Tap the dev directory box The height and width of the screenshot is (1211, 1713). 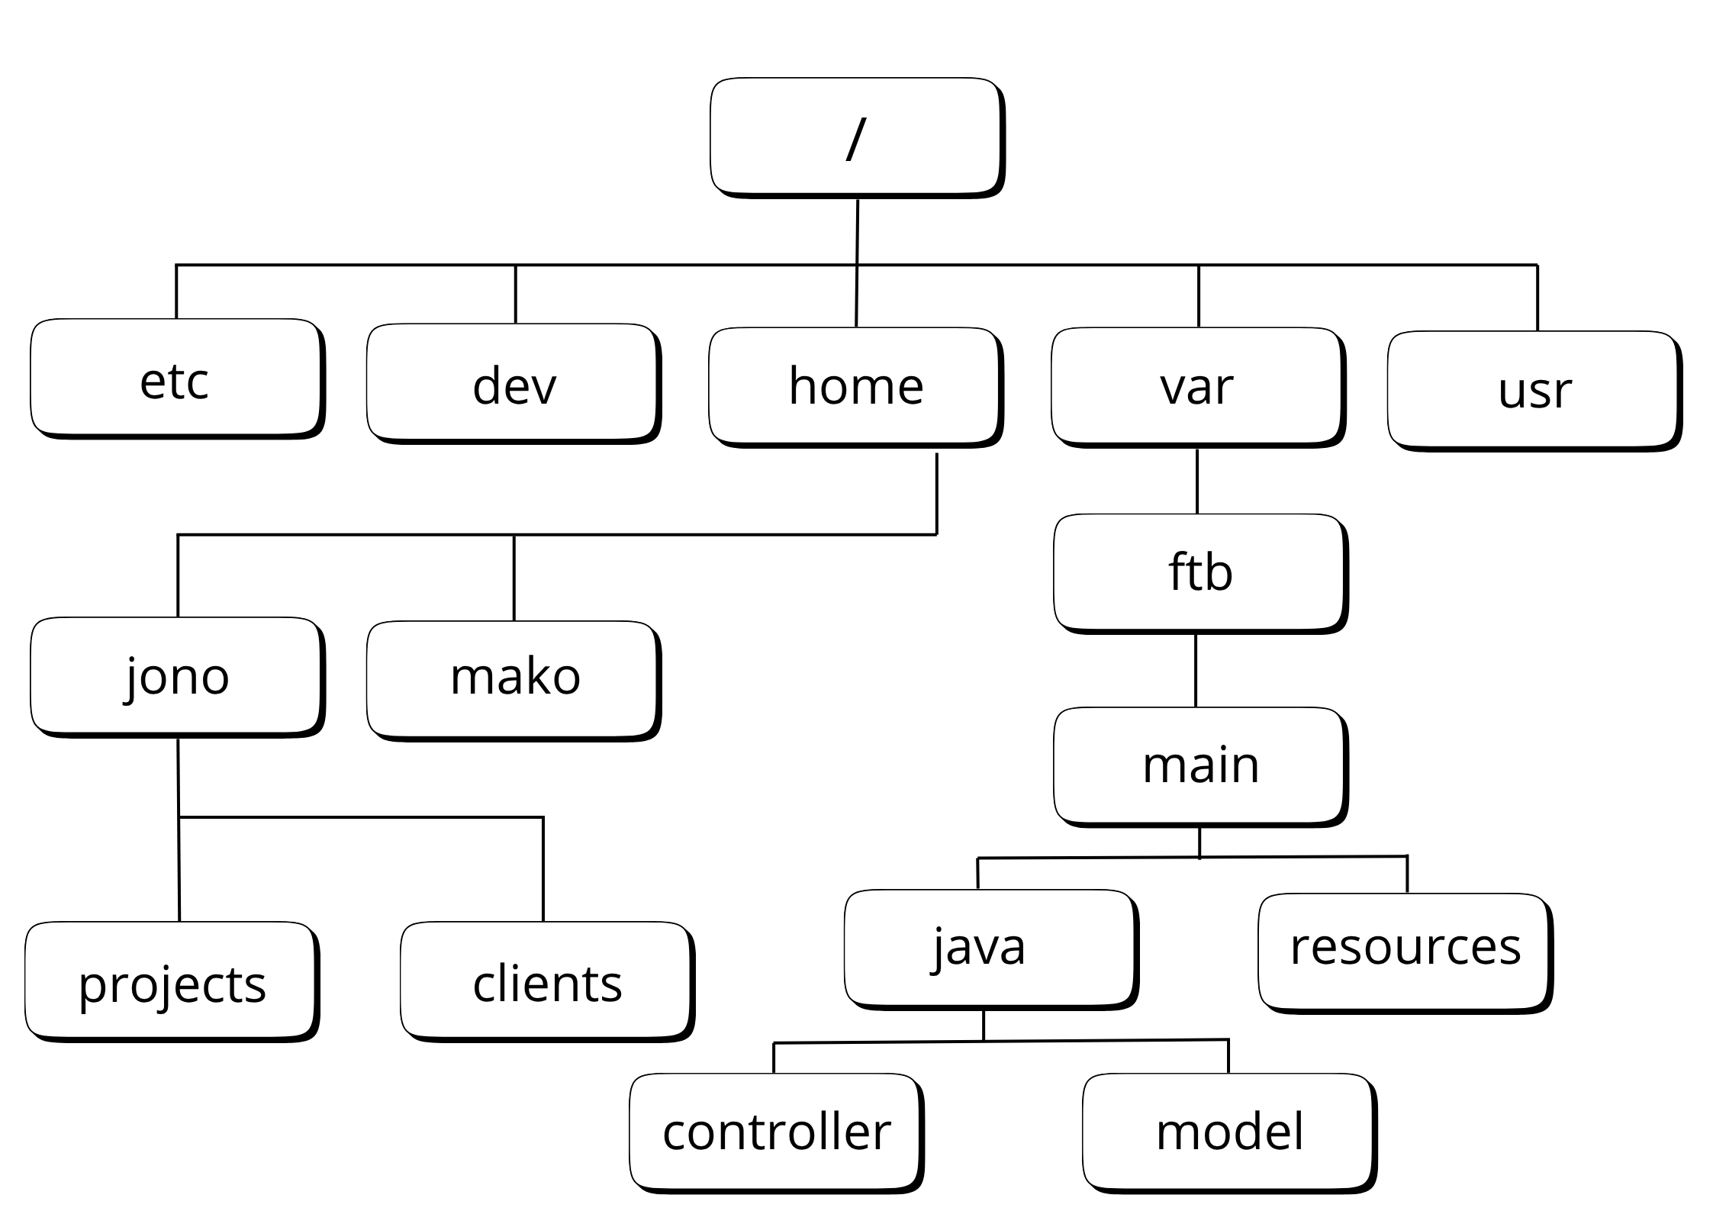tap(513, 383)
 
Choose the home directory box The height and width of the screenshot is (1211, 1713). tap(855, 386)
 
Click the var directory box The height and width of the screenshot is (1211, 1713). tap(1196, 386)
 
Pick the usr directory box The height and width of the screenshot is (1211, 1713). tap(1534, 390)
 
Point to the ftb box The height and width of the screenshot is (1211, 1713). tap(1199, 572)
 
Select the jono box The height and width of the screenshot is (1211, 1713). tap(175, 676)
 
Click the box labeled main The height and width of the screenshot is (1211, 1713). tap(1199, 765)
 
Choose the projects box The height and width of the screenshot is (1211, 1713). tap(171, 981)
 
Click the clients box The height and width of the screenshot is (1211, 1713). tap(546, 981)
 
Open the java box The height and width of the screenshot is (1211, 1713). tap(990, 948)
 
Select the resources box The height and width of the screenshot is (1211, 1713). tap(1404, 951)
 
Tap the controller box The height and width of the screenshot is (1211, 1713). tap(775, 1132)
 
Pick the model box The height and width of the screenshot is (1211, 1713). tap(1228, 1132)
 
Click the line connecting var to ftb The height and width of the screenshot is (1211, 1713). tap(1196, 482)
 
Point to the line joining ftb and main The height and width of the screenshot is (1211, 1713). tap(1195, 671)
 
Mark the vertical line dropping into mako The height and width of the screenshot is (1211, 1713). tap(514, 578)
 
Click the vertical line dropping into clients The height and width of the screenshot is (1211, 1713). tap(543, 870)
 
